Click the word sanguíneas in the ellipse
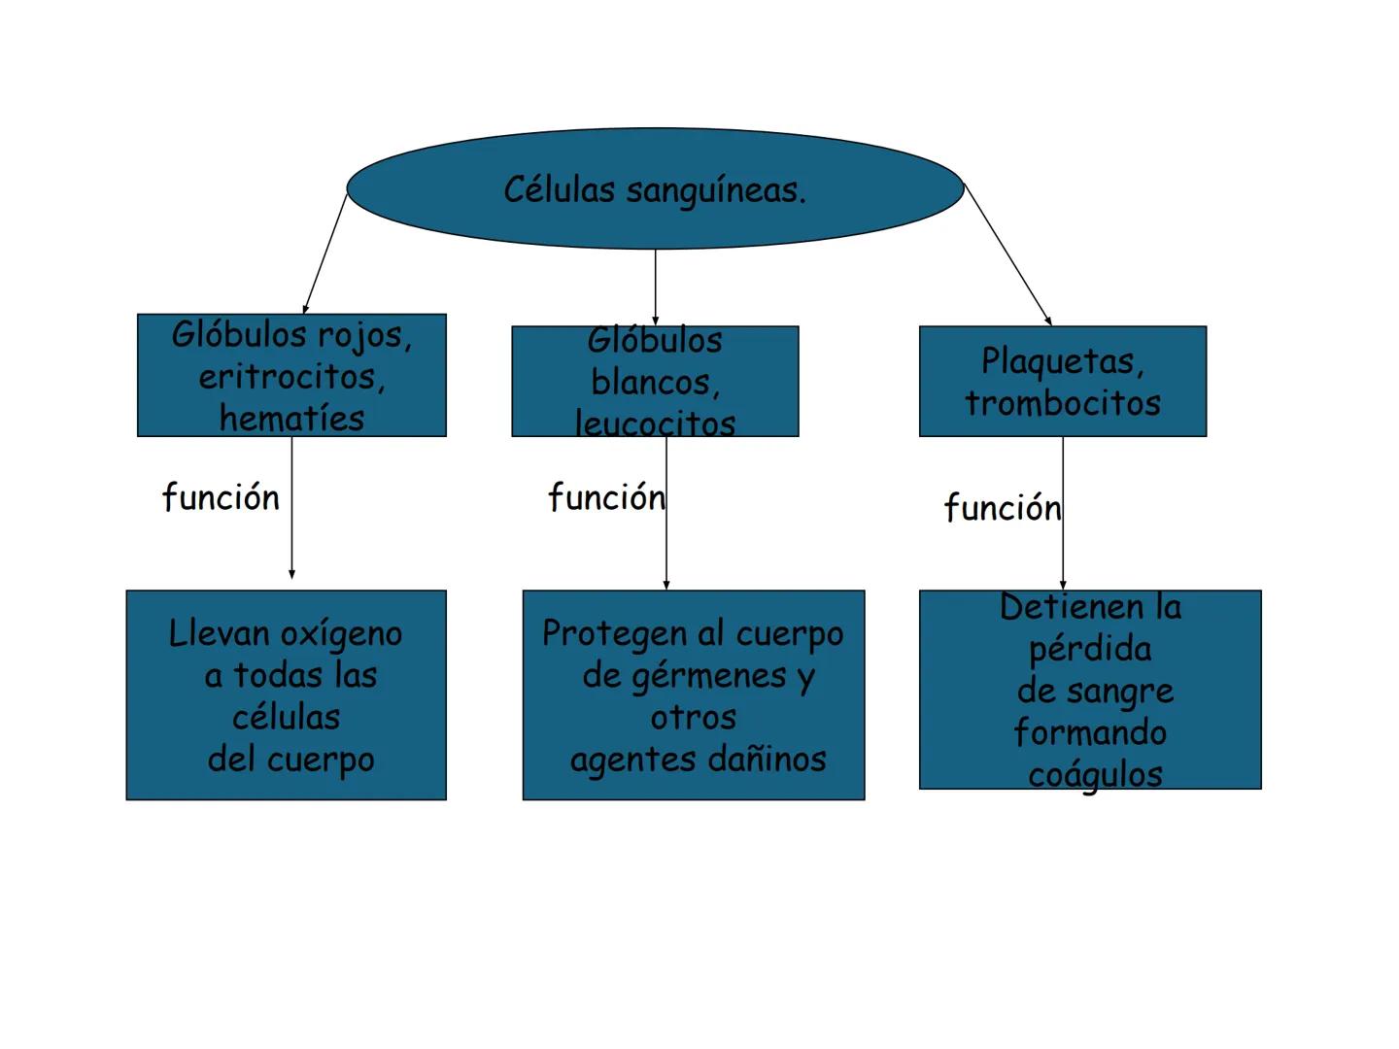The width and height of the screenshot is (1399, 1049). click(716, 190)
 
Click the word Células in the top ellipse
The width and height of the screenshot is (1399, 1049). click(559, 189)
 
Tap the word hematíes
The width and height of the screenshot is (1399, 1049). click(291, 419)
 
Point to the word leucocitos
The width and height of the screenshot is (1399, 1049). click(656, 423)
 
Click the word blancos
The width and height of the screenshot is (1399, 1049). click(655, 383)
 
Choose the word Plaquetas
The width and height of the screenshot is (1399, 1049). click(1062, 361)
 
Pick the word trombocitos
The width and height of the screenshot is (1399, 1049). click(1063, 403)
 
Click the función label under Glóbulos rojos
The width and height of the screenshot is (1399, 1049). click(221, 497)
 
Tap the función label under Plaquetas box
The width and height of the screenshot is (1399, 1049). click(1003, 508)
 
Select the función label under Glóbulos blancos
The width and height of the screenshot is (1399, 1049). click(606, 497)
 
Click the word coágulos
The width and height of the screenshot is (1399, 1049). click(1095, 775)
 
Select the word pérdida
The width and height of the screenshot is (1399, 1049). click(1090, 649)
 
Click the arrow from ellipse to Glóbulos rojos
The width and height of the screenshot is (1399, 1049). click(324, 254)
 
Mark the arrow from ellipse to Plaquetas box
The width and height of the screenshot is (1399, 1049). click(1007, 254)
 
